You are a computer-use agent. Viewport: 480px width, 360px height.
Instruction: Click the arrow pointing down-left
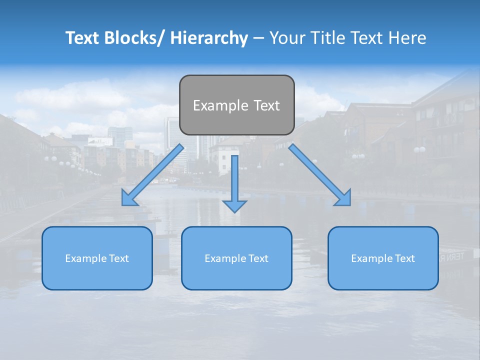pos(152,175)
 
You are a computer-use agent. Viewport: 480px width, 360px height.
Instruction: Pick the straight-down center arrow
pos(234,180)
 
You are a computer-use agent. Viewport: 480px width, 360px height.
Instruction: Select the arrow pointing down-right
pos(320,175)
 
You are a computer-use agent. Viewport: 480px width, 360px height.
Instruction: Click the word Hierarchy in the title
pos(209,38)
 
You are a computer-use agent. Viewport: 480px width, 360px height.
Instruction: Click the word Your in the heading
pos(287,38)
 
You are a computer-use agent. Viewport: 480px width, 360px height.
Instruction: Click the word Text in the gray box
pos(266,105)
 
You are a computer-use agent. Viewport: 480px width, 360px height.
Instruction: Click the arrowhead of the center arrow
pos(234,206)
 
